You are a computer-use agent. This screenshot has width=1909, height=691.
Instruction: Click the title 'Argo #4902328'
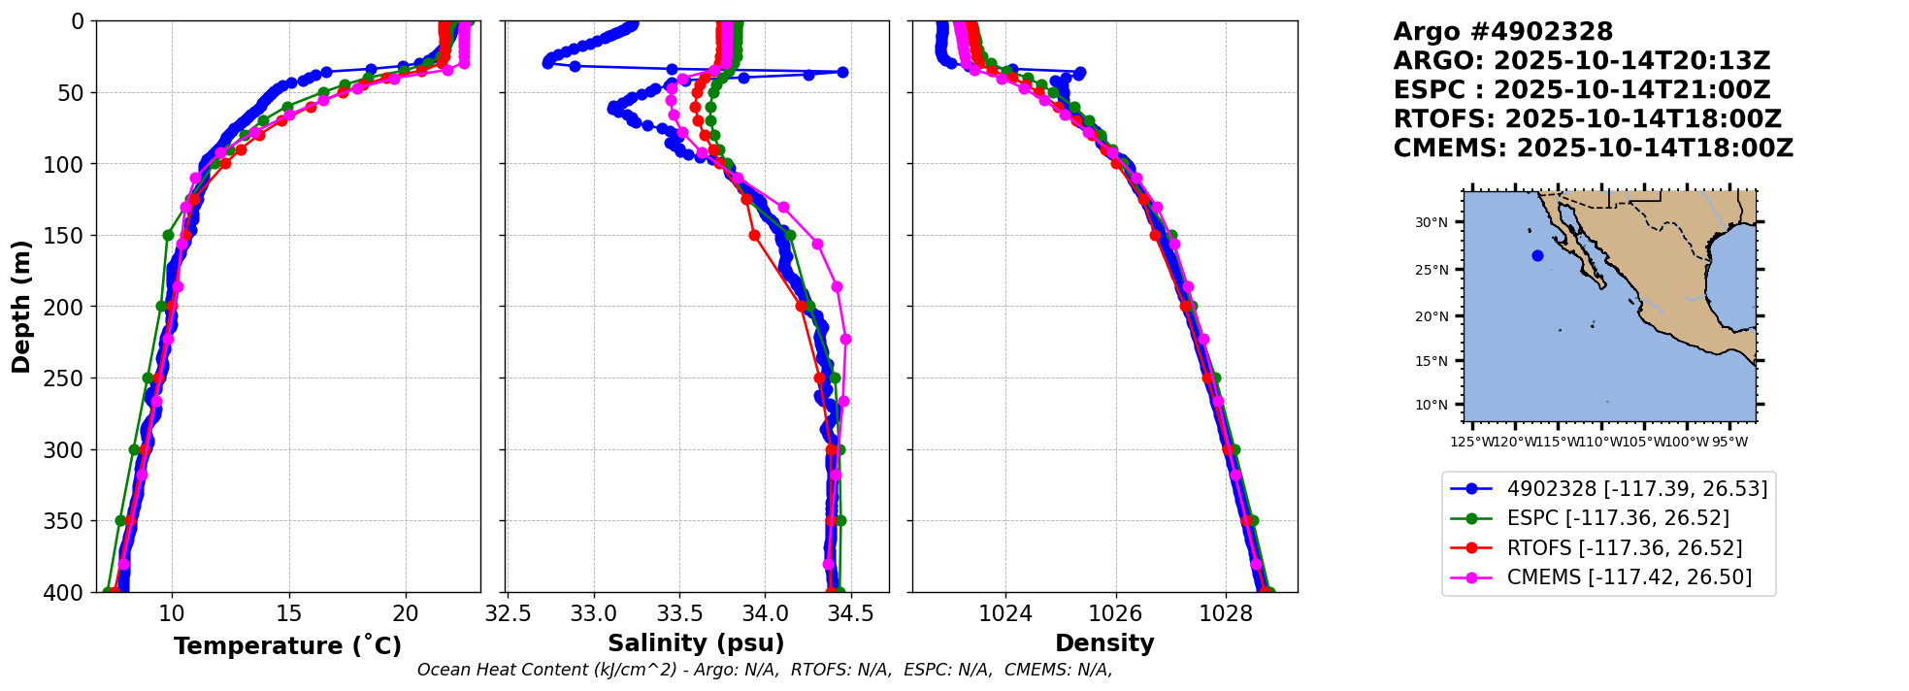[x=1502, y=32]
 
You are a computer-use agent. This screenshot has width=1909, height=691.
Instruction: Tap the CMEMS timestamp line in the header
[x=1593, y=148]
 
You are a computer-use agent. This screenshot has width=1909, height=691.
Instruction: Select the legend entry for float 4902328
[x=1636, y=488]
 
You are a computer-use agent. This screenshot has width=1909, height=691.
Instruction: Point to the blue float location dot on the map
[x=1537, y=256]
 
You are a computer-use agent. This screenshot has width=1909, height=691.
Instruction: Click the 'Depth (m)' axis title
[x=21, y=306]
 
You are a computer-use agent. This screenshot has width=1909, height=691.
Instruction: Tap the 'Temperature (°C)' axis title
[x=287, y=646]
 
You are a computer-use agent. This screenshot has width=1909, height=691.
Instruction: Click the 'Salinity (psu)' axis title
[x=696, y=643]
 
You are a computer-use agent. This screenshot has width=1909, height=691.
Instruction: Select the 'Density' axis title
[x=1104, y=643]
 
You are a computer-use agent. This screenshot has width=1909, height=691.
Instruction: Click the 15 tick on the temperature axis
[x=288, y=614]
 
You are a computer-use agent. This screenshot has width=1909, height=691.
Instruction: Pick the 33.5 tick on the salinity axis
[x=679, y=614]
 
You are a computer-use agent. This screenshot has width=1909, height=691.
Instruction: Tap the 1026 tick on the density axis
[x=1115, y=614]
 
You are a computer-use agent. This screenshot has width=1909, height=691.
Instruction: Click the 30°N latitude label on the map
[x=1431, y=222]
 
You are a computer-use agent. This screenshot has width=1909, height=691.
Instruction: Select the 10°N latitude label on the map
[x=1431, y=405]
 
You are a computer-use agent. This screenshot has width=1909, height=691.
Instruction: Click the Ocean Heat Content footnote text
[x=764, y=670]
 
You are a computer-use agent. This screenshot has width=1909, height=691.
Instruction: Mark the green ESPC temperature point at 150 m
[x=168, y=235]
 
